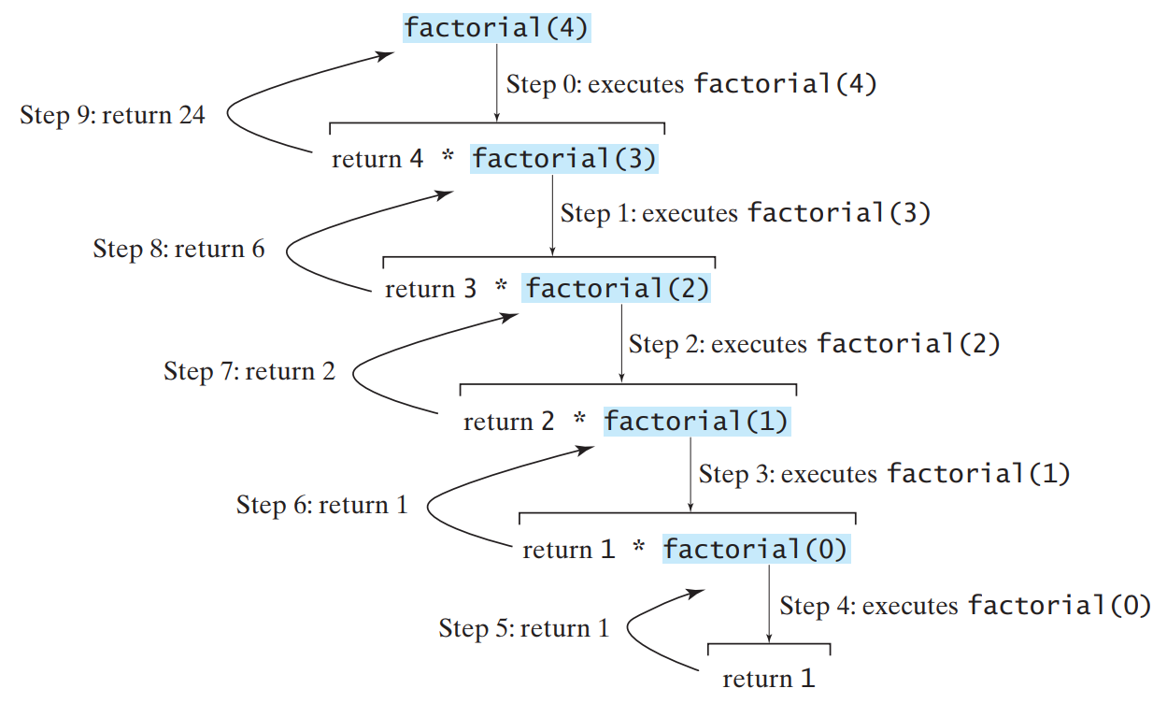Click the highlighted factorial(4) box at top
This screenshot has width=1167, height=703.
pyautogui.click(x=496, y=28)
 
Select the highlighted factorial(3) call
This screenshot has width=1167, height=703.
pyautogui.click(x=564, y=159)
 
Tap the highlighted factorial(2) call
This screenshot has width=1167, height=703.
pyautogui.click(x=617, y=289)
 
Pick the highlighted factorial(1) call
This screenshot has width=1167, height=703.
pyautogui.click(x=696, y=422)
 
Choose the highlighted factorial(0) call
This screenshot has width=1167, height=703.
pyautogui.click(x=755, y=549)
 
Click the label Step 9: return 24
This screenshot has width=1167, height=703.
pyautogui.click(x=112, y=116)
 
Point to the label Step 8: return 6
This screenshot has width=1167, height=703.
pyautogui.click(x=178, y=249)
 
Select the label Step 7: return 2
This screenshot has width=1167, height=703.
pyautogui.click(x=249, y=371)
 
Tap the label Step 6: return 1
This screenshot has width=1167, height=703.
pyautogui.click(x=322, y=505)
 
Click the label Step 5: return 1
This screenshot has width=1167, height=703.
pyautogui.click(x=524, y=628)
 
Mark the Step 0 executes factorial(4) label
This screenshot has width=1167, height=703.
pyautogui.click(x=691, y=84)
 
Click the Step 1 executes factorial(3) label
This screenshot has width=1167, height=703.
pyautogui.click(x=746, y=213)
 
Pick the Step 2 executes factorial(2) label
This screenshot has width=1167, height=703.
pyautogui.click(x=815, y=344)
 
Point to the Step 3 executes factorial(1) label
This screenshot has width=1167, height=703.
pyautogui.click(x=884, y=474)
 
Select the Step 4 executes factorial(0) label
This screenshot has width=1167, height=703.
pyautogui.click(x=965, y=606)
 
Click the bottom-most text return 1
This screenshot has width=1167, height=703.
pyautogui.click(x=769, y=678)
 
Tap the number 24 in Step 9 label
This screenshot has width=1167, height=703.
pyautogui.click(x=191, y=116)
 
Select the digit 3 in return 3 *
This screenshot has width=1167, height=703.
pyautogui.click(x=469, y=289)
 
